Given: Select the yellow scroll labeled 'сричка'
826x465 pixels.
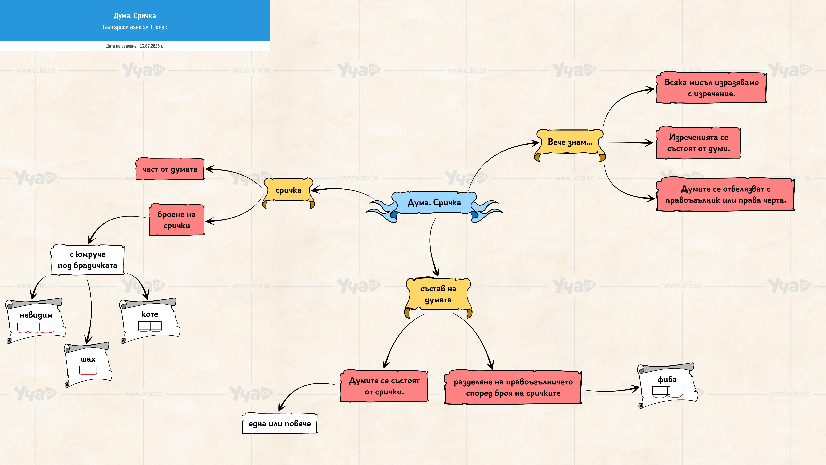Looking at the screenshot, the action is click(x=288, y=192).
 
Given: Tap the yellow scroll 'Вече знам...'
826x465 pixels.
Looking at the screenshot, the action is click(x=570, y=144).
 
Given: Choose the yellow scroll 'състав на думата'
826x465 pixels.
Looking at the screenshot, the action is click(x=438, y=296).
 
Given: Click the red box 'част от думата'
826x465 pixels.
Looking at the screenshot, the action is click(x=170, y=169).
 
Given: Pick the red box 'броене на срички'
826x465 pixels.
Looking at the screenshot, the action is click(x=177, y=220).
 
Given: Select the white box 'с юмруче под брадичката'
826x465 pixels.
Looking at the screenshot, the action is click(x=88, y=260).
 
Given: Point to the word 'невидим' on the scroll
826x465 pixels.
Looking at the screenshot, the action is click(x=36, y=315).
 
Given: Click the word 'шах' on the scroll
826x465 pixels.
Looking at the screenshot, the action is click(x=88, y=359).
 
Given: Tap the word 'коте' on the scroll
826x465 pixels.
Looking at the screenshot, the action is click(x=150, y=314).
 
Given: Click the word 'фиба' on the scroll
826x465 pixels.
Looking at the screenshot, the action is click(x=667, y=380).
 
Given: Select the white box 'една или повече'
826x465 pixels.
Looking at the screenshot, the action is click(x=280, y=423).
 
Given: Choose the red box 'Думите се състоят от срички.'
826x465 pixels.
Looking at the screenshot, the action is click(x=384, y=386).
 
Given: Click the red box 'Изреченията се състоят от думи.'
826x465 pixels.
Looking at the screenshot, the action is click(x=698, y=143).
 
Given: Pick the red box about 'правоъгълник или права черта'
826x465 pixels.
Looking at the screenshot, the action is click(x=726, y=194).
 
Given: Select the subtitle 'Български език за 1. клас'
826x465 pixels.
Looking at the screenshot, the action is click(x=135, y=27).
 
